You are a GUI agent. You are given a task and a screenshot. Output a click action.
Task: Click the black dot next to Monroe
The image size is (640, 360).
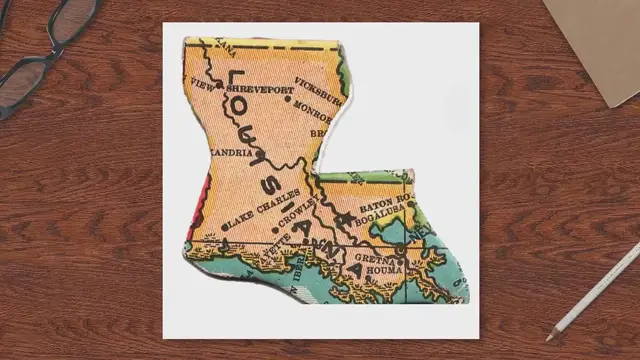coord(288,100)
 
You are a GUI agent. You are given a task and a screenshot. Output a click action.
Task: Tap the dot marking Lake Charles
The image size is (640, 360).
coord(226,226)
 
